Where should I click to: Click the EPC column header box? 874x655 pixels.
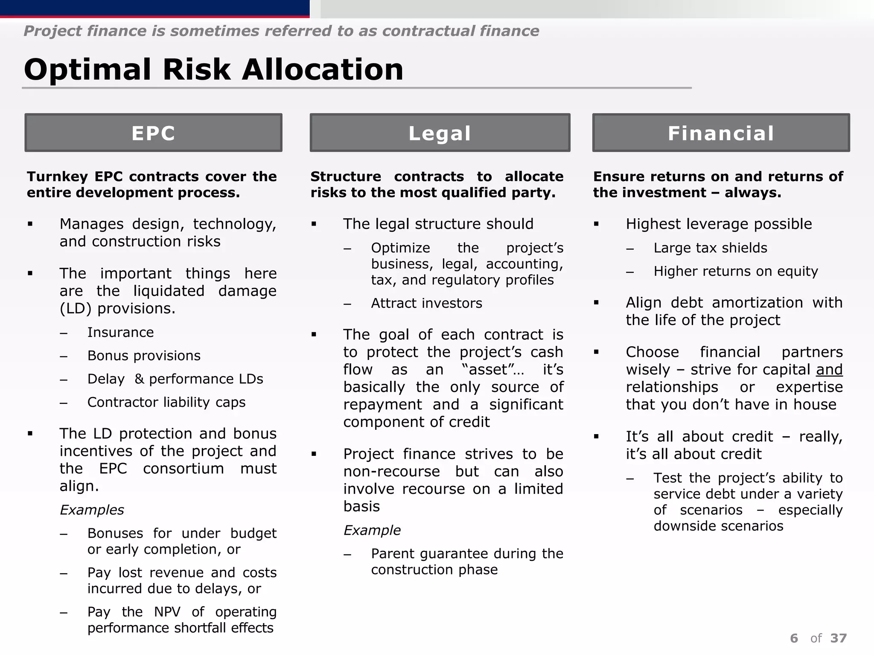pos(153,133)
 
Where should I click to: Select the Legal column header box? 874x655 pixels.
pos(440,133)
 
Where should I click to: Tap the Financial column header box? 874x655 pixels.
pos(721,133)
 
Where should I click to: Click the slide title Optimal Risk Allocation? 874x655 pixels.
pos(213,70)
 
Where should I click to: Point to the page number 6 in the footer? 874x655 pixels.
pos(794,638)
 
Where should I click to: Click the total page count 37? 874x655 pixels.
pos(839,638)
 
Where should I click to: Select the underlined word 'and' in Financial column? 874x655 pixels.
pos(829,369)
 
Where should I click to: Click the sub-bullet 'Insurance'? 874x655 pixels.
pos(120,332)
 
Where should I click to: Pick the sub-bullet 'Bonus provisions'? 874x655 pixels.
pos(144,356)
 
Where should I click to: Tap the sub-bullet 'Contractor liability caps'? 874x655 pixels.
pos(166,402)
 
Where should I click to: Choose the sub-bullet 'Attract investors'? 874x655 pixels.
pos(426,303)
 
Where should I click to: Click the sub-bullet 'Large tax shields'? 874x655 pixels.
pos(710,248)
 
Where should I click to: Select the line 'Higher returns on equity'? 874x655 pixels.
pos(736,271)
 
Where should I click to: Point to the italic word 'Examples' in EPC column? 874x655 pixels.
pos(92,510)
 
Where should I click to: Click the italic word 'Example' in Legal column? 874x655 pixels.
pos(372,530)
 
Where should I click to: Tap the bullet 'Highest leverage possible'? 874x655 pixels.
pos(719,224)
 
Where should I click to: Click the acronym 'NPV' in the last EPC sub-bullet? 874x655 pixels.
pos(167,612)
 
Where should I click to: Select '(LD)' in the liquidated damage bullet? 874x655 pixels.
pos(76,308)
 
